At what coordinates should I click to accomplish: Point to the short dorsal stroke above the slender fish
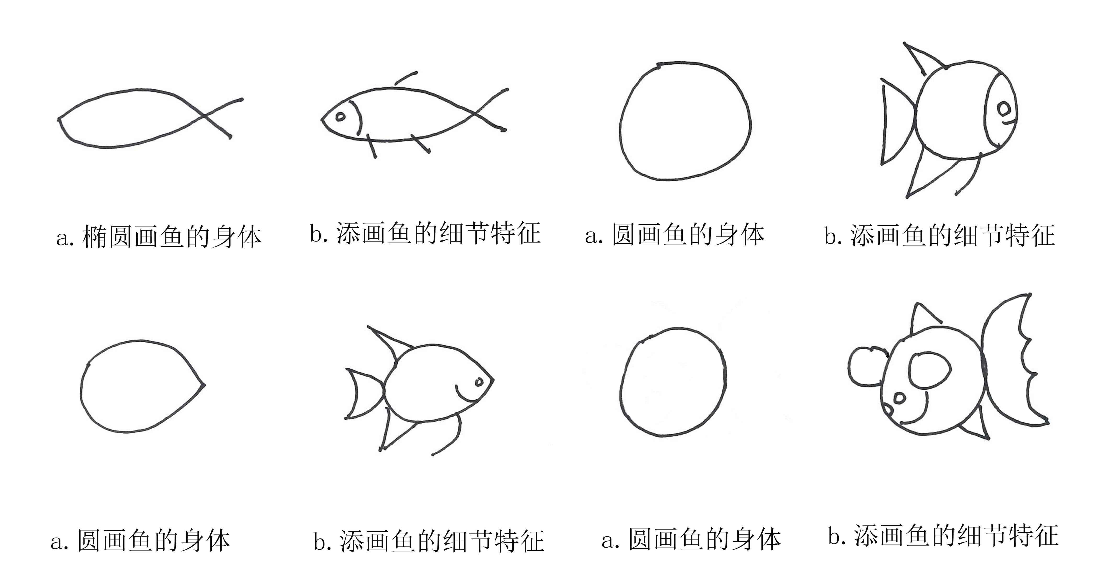[406, 78]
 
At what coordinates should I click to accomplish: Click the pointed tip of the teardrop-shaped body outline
[204, 384]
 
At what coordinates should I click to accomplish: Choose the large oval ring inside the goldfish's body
[930, 370]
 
